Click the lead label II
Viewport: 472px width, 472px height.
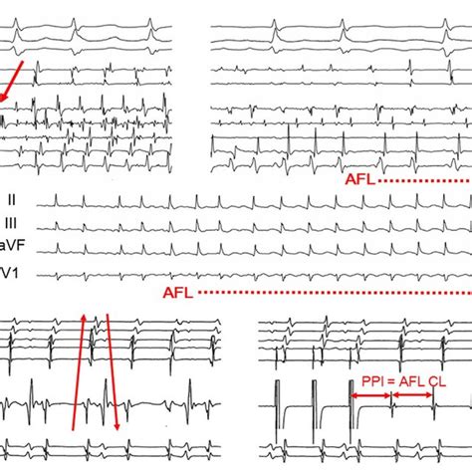point(12,200)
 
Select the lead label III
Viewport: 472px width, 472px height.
point(11,223)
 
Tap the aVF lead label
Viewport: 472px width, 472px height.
point(12,245)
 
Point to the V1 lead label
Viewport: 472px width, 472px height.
point(9,273)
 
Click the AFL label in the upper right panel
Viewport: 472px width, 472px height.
point(360,179)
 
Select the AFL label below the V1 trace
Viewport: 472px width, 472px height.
point(178,293)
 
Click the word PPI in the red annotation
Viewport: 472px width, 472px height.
point(372,381)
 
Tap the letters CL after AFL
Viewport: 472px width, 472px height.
point(437,381)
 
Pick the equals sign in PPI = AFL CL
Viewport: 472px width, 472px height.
point(391,382)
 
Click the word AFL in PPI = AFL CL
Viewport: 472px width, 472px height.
point(412,381)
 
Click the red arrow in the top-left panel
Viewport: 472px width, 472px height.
point(11,81)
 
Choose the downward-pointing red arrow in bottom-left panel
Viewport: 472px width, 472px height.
point(113,371)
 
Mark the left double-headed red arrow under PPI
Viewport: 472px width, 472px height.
point(370,395)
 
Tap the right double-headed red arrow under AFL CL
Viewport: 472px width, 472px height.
point(412,395)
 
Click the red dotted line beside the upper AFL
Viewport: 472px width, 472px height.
point(424,181)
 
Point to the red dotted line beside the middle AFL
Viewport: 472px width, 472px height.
point(335,293)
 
